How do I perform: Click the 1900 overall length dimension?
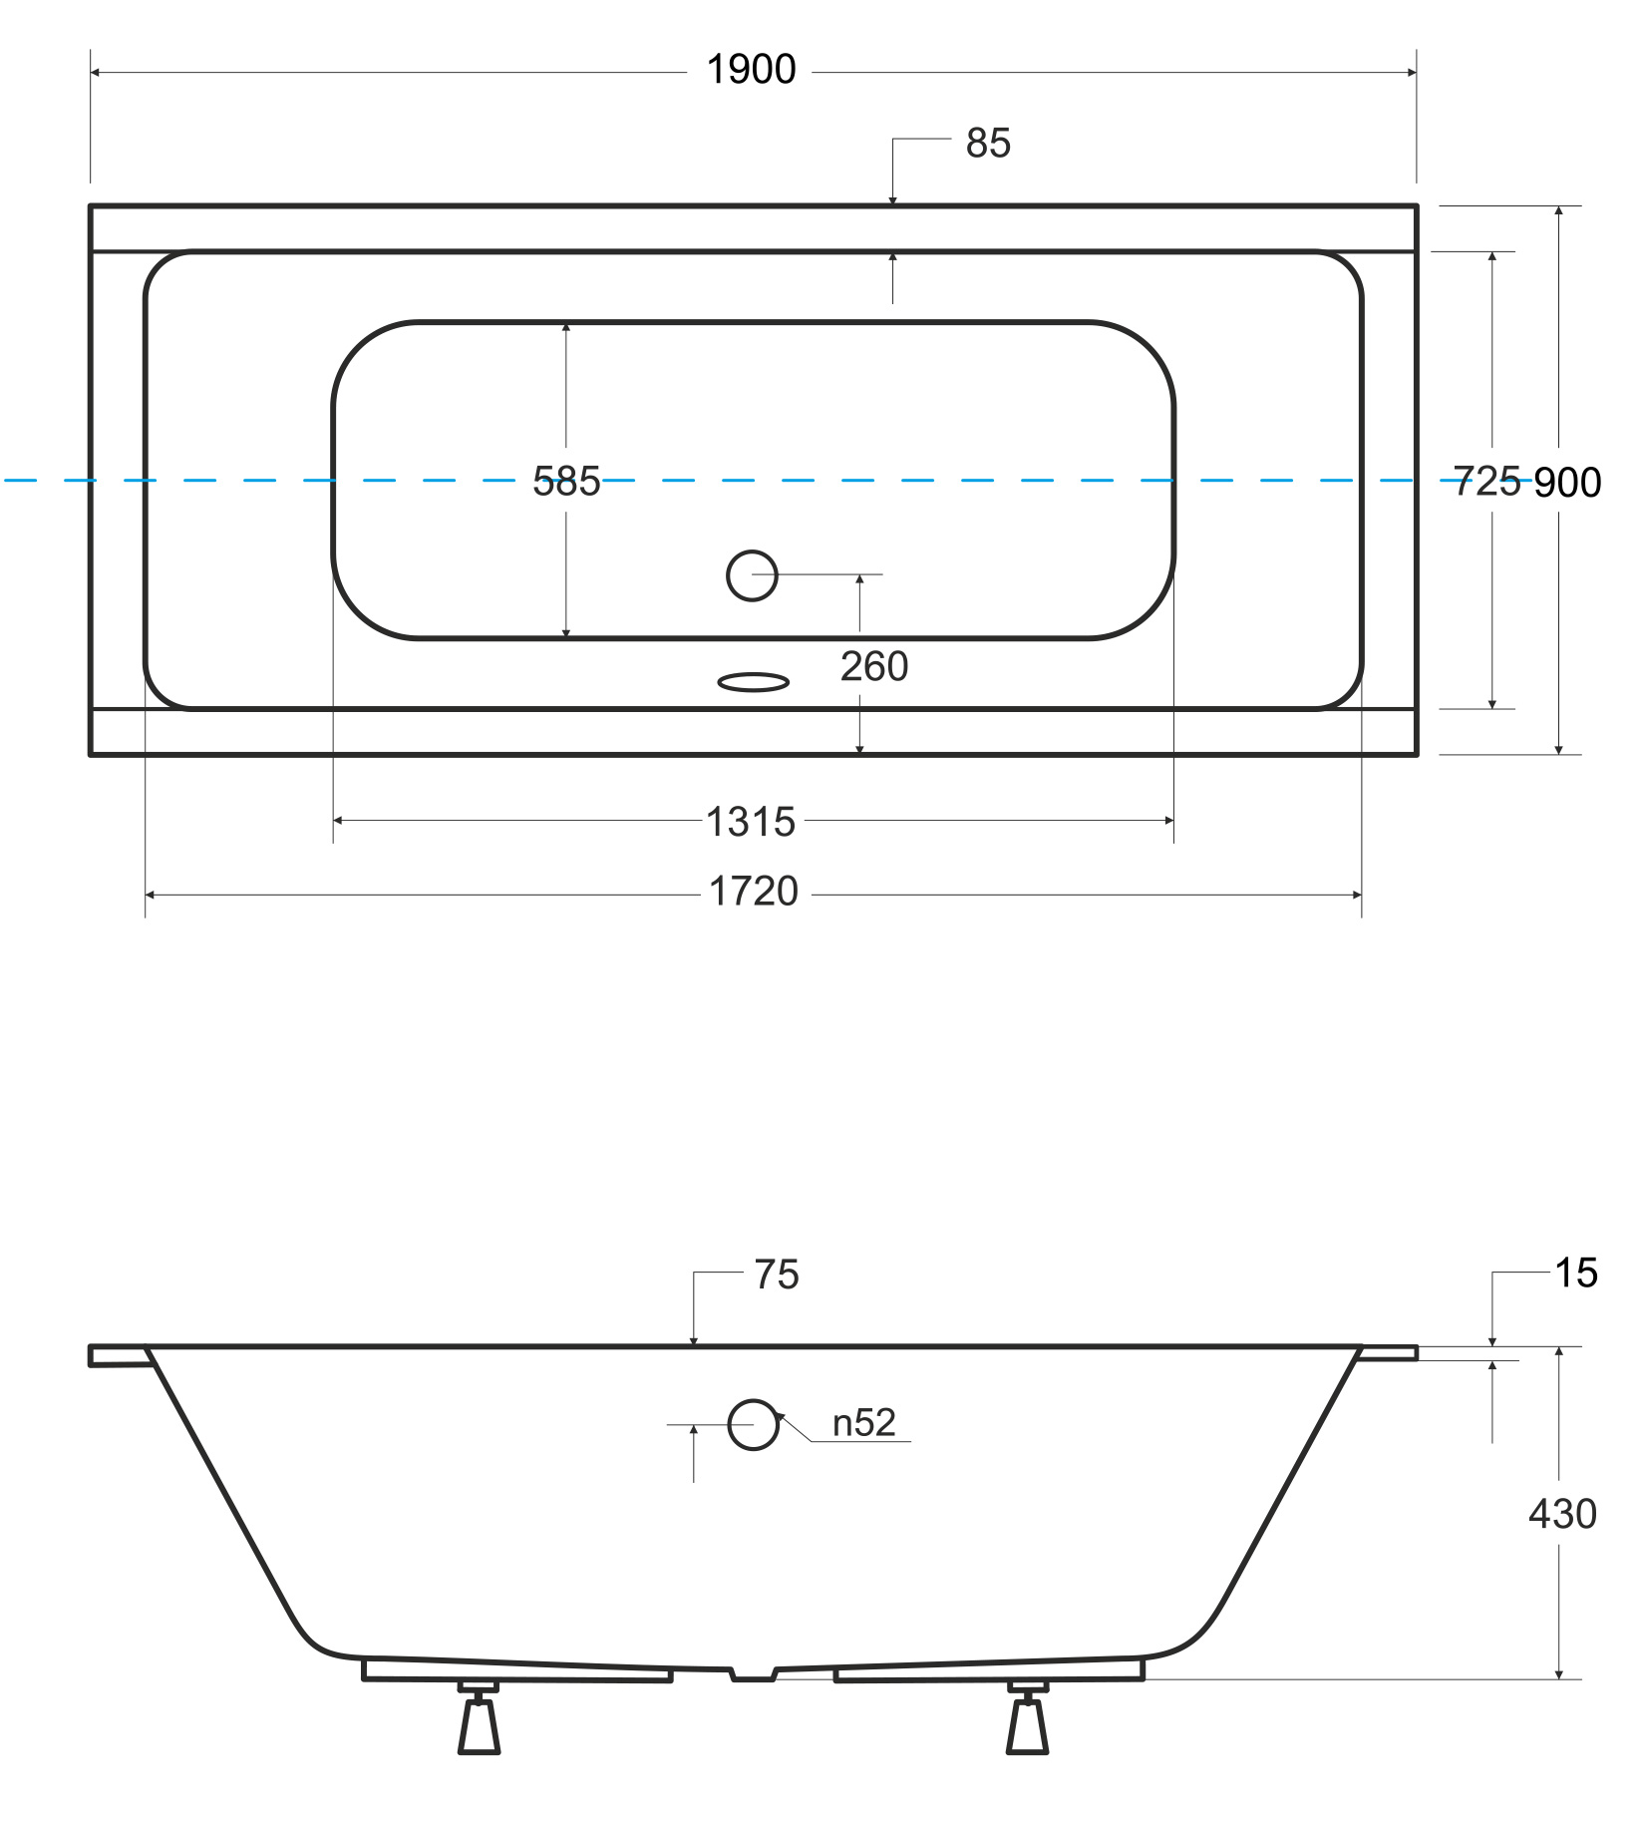coord(751,70)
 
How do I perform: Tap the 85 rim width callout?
coord(988,144)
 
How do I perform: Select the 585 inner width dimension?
coord(566,482)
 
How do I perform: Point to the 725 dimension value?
coord(1486,482)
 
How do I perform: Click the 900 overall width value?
coord(1567,483)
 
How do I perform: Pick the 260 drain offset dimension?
coord(874,666)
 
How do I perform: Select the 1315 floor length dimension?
coord(751,822)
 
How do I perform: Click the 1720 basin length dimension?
coord(754,892)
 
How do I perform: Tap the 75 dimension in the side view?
coord(777,1275)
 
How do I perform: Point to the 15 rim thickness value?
coord(1576,1274)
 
